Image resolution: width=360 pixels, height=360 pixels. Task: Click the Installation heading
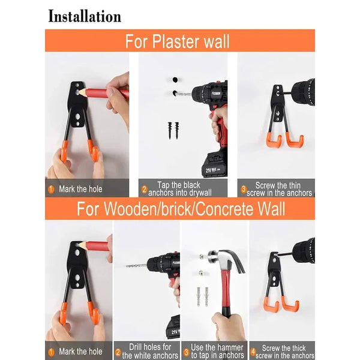85,16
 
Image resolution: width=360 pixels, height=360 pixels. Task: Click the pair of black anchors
173,130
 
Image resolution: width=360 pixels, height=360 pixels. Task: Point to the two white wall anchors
203,296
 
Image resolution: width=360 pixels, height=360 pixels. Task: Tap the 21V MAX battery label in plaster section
213,170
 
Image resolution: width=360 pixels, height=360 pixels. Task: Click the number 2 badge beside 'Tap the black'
144,190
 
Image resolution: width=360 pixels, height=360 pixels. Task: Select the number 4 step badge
253,352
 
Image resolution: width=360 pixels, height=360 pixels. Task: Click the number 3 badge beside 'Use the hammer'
186,352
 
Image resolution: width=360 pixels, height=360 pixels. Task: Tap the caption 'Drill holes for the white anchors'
150,351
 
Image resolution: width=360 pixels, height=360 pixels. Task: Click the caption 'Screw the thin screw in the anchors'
279,189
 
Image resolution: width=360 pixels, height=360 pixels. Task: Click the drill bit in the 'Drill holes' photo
136,266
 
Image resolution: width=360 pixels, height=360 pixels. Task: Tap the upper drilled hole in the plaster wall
175,80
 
